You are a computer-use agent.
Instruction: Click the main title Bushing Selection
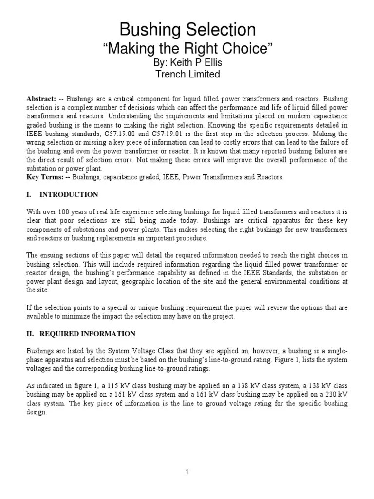(187, 30)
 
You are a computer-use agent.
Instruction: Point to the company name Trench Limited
(187, 75)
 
